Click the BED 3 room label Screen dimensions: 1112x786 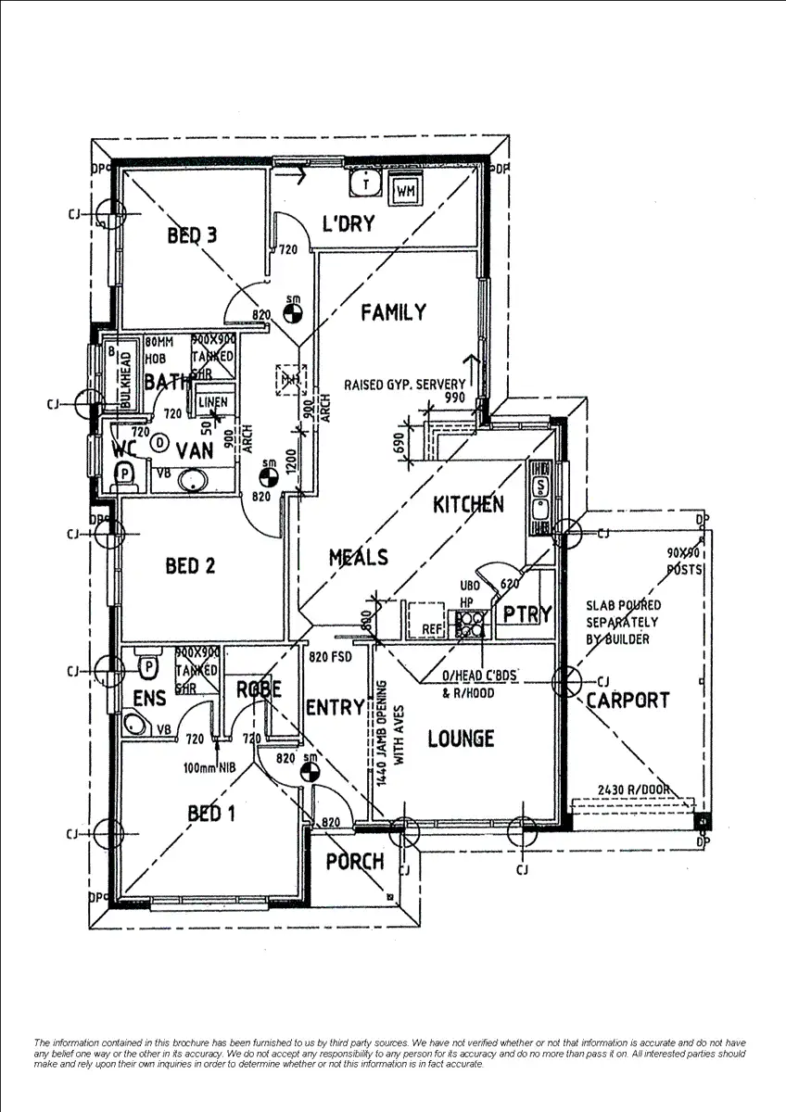click(192, 235)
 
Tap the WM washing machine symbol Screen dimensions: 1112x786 click(405, 189)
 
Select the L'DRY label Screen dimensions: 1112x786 click(348, 223)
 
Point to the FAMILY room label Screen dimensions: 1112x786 click(393, 312)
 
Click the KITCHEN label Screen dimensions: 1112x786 click(468, 504)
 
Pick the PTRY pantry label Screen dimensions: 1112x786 click(526, 614)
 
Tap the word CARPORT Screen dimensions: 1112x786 click(627, 701)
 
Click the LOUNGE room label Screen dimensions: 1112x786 click(461, 739)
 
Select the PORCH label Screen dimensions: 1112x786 click(354, 862)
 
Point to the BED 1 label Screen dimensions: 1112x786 click(211, 814)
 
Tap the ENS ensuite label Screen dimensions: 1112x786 click(149, 698)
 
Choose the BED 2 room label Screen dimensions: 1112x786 click(190, 565)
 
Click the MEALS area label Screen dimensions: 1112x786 click(358, 558)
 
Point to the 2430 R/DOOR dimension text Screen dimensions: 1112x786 click(634, 789)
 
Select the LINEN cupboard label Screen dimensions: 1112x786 click(212, 402)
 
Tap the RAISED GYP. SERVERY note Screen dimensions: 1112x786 click(405, 385)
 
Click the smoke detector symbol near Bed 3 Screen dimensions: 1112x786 click(294, 313)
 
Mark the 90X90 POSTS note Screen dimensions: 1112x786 click(684, 561)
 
